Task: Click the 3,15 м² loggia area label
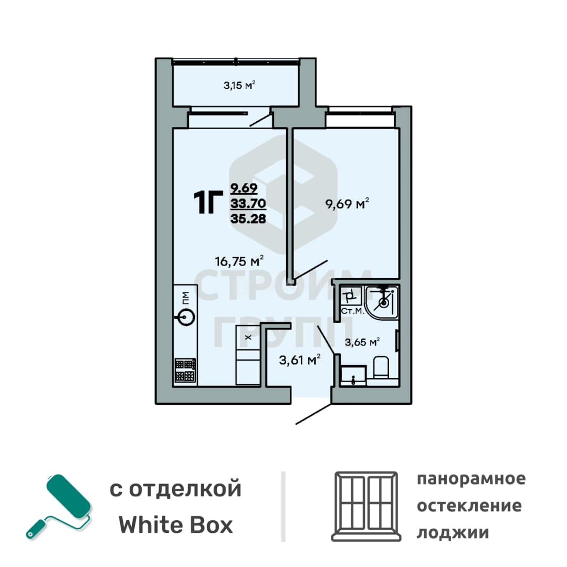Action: click(x=239, y=86)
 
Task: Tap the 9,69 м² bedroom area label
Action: click(x=347, y=204)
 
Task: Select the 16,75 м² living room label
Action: click(x=239, y=261)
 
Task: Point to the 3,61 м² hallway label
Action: click(x=300, y=360)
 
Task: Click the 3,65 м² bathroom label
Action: click(x=362, y=342)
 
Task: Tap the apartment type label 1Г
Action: click(x=208, y=203)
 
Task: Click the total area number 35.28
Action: click(x=248, y=218)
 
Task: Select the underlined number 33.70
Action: click(x=248, y=204)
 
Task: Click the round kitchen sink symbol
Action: click(x=185, y=317)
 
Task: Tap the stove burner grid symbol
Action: click(x=185, y=370)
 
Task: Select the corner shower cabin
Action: click(x=382, y=302)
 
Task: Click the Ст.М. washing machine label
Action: click(x=352, y=311)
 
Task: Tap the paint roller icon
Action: click(x=59, y=506)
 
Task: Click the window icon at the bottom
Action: click(x=366, y=506)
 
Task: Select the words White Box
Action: click(x=176, y=525)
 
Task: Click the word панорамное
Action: click(x=471, y=479)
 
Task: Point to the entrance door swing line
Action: click(x=313, y=414)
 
